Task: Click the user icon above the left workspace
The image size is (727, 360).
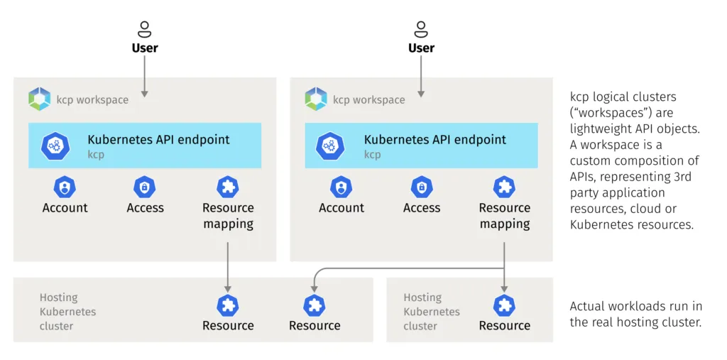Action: point(145,29)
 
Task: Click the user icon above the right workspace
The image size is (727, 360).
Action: point(421,29)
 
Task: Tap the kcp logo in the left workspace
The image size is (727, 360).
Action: point(40,99)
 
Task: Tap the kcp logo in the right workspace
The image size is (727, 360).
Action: point(316,99)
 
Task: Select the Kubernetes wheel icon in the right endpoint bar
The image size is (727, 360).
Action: point(331,145)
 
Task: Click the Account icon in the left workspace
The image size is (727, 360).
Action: point(65,187)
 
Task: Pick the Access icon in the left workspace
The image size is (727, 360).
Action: point(145,187)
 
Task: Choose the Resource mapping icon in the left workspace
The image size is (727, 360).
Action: point(228,187)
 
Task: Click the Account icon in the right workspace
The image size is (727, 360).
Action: point(341,187)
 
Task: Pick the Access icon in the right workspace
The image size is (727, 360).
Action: point(422,187)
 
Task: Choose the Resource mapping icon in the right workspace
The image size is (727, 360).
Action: point(504,187)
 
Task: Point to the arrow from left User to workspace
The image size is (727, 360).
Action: point(145,75)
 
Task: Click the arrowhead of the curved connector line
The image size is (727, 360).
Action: point(314,288)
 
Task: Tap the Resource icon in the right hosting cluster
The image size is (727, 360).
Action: point(504,305)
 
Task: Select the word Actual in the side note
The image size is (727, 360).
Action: point(589,306)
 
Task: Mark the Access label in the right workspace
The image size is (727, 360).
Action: point(422,208)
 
